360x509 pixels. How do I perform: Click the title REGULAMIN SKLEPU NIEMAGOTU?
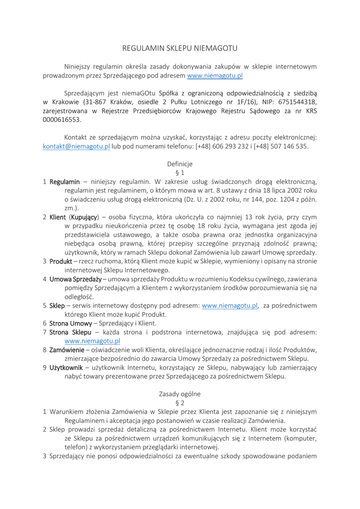tap(180, 48)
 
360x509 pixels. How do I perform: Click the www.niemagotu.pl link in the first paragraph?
tap(215, 76)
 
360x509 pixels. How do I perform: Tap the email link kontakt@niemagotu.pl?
tap(76, 146)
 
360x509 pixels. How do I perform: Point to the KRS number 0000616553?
tap(62, 120)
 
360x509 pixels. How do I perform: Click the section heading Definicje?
tap(180, 164)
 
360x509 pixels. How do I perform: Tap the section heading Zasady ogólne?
tap(180, 394)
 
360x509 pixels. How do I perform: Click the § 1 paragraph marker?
tap(180, 172)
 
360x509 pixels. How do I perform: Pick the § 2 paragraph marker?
tap(180, 403)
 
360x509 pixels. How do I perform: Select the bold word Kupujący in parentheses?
tap(84, 217)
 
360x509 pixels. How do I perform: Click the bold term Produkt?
tap(61, 261)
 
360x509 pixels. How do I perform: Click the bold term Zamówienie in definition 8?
tap(67, 349)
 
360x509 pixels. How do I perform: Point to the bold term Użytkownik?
tap(66, 368)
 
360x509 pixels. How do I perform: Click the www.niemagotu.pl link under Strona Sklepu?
tap(92, 341)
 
